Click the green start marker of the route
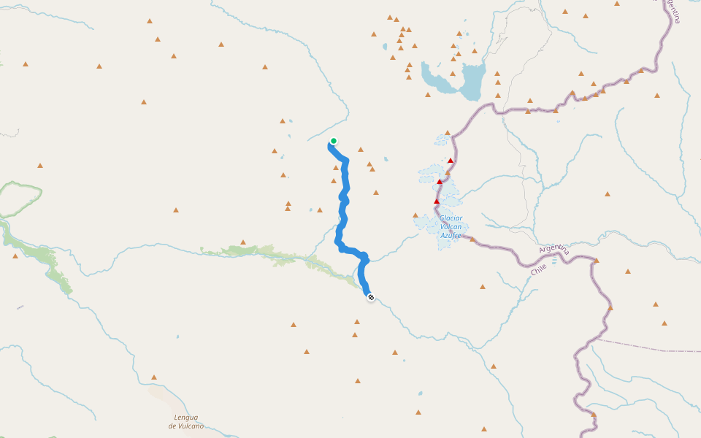tap(334, 141)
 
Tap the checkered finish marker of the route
tap(371, 297)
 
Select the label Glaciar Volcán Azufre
tap(451, 226)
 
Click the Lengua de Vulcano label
tap(185, 421)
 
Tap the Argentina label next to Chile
tap(553, 249)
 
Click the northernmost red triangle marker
tap(451, 161)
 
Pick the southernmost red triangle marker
tap(437, 201)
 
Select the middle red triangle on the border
tap(440, 182)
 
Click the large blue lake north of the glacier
tap(471, 80)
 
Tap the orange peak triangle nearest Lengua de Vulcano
tap(154, 377)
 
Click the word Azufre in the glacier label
tap(451, 236)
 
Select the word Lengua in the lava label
tap(185, 418)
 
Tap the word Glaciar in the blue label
tap(451, 218)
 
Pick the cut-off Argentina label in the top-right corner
tap(673, 11)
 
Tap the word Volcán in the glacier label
tap(451, 227)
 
